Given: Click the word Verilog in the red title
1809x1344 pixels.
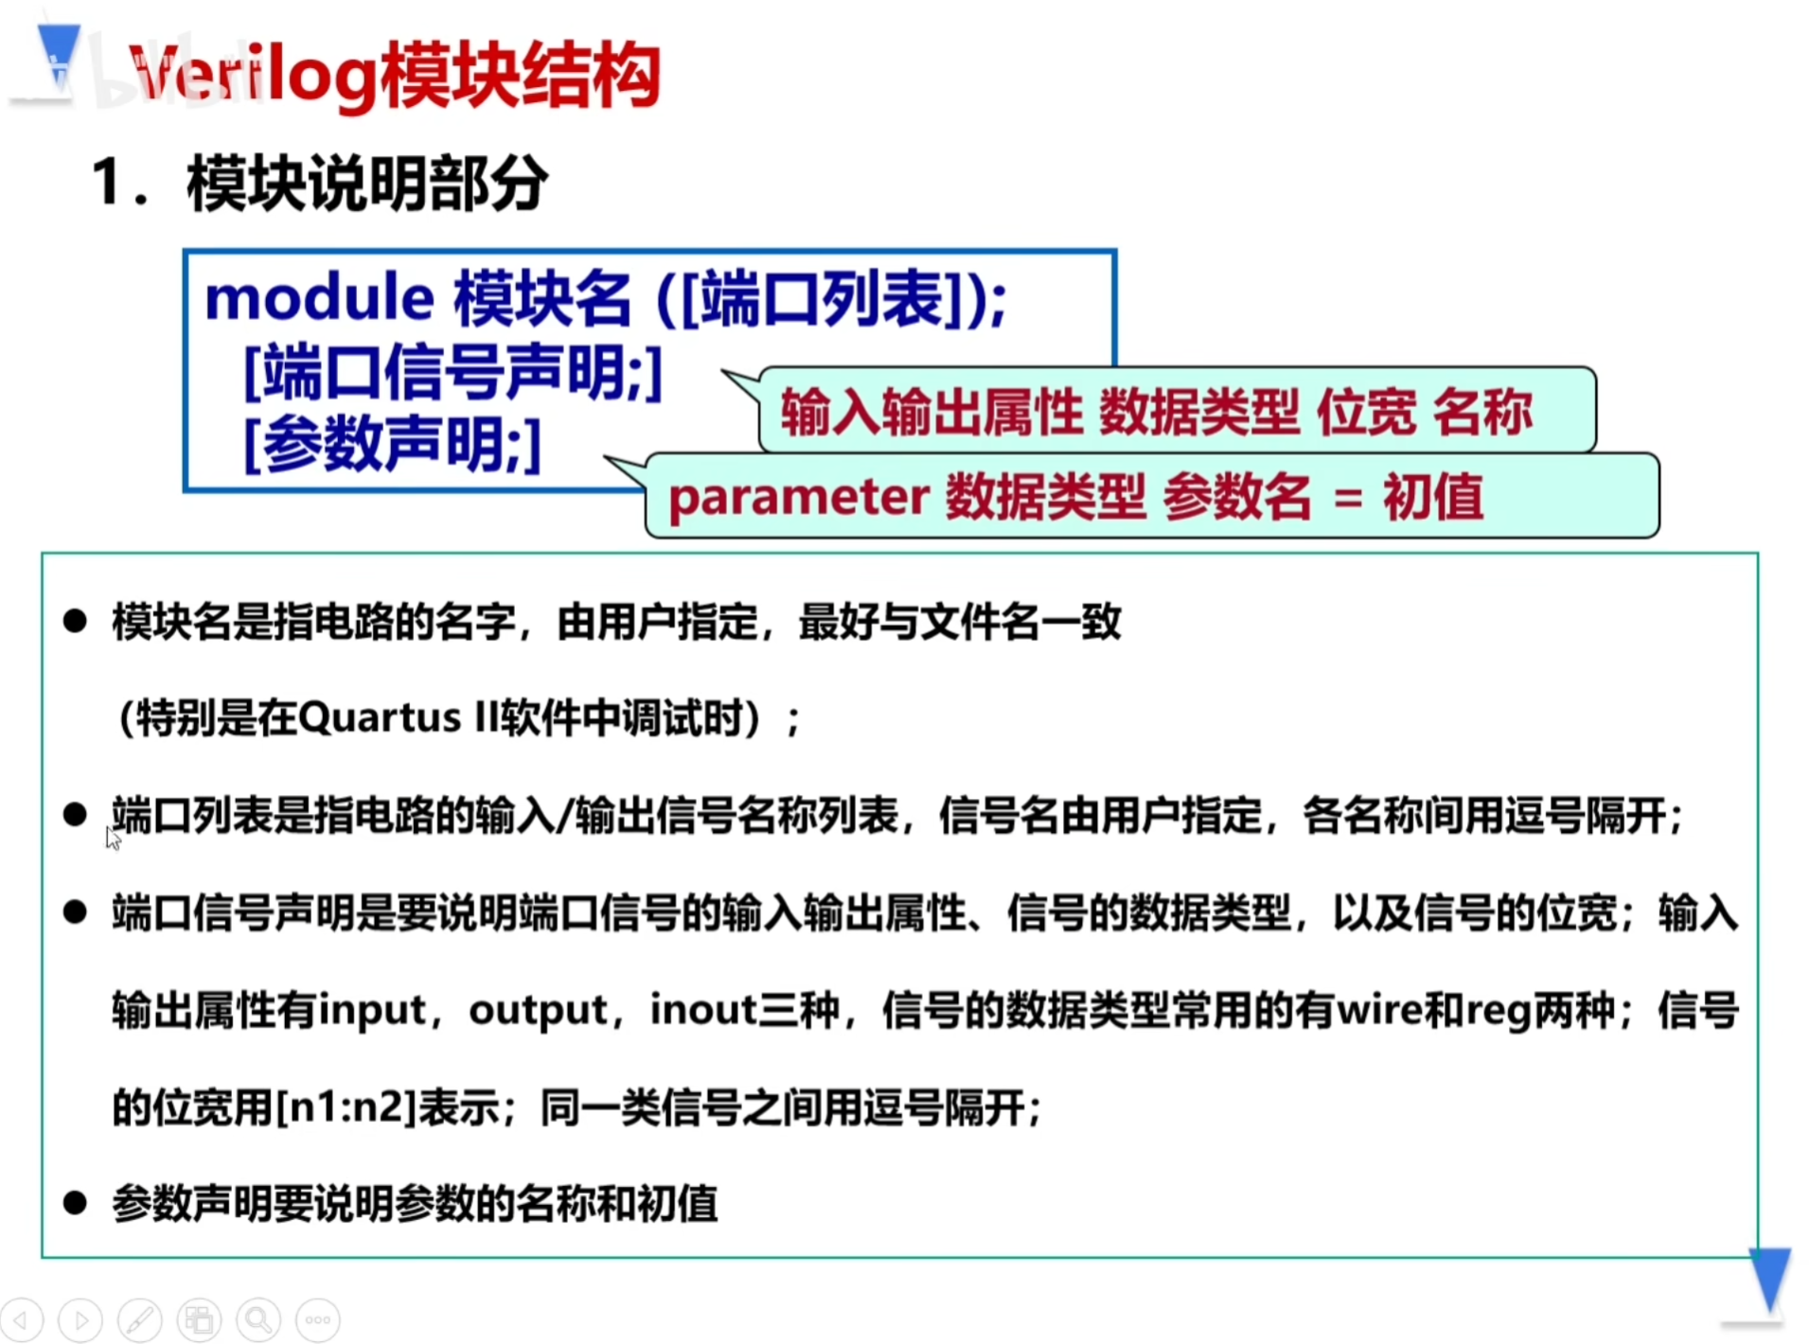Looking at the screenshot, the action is (x=254, y=76).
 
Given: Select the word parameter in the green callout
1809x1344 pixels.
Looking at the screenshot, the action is (x=799, y=498).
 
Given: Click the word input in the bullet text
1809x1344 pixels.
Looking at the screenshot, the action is (x=372, y=1011).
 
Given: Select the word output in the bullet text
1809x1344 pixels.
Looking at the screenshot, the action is (x=538, y=1011).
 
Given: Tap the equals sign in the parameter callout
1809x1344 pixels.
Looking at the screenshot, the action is (x=1348, y=499).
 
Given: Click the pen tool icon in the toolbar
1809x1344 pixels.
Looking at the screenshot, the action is (x=140, y=1319).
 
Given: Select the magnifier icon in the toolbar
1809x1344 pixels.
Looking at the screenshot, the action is (x=258, y=1319).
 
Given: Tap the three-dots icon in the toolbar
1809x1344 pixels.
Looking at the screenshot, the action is (x=318, y=1319).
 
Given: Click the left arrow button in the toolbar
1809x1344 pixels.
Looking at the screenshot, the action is (x=22, y=1319).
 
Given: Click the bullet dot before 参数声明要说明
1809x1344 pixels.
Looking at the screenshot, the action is (x=75, y=1203).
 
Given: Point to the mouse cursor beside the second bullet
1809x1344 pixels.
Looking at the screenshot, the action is (x=113, y=839).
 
